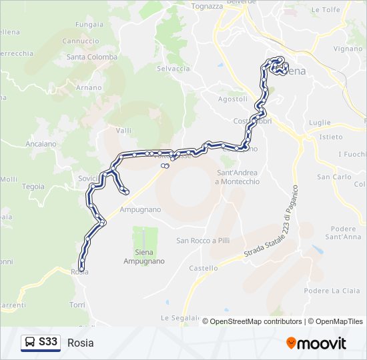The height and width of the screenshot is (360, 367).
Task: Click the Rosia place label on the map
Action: pos(79,272)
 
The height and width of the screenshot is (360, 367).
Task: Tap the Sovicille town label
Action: pos(89,179)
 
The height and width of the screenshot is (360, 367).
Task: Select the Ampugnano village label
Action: pos(140,209)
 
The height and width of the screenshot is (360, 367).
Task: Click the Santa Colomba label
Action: pos(91,57)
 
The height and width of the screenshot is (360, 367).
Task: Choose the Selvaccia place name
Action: pos(173,69)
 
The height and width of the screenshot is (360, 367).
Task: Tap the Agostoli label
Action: pos(233,99)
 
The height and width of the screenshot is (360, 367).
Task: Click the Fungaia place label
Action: pos(89,25)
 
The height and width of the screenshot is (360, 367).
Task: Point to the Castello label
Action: pos(204,268)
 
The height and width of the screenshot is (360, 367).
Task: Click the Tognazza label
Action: pos(207,6)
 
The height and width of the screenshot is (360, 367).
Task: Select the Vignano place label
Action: pos(348,49)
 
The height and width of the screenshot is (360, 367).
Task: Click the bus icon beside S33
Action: pos(30,343)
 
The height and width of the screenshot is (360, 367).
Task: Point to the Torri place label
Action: pos(77,304)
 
